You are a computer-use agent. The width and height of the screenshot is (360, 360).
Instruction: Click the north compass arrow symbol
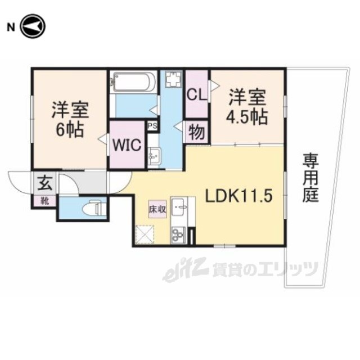click(x=33, y=26)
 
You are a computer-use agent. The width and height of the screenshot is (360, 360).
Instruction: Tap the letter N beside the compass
click(x=11, y=28)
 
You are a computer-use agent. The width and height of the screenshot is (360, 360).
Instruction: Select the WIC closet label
click(x=127, y=145)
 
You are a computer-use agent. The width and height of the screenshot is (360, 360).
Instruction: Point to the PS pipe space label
click(x=152, y=125)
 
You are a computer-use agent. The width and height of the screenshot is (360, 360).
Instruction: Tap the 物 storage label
click(x=196, y=133)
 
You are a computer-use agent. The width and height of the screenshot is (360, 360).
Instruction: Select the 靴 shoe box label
click(x=45, y=201)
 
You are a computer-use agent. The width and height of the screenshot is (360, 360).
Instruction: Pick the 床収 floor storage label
click(x=157, y=209)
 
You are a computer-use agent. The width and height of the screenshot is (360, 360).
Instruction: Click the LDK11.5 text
click(x=238, y=196)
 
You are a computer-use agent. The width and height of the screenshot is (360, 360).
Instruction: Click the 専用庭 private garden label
click(x=310, y=178)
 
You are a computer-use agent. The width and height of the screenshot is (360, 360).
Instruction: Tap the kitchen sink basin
click(x=178, y=207)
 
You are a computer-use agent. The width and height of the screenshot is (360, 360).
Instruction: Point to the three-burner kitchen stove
click(x=178, y=235)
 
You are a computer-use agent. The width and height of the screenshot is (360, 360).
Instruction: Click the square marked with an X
click(x=145, y=235)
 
